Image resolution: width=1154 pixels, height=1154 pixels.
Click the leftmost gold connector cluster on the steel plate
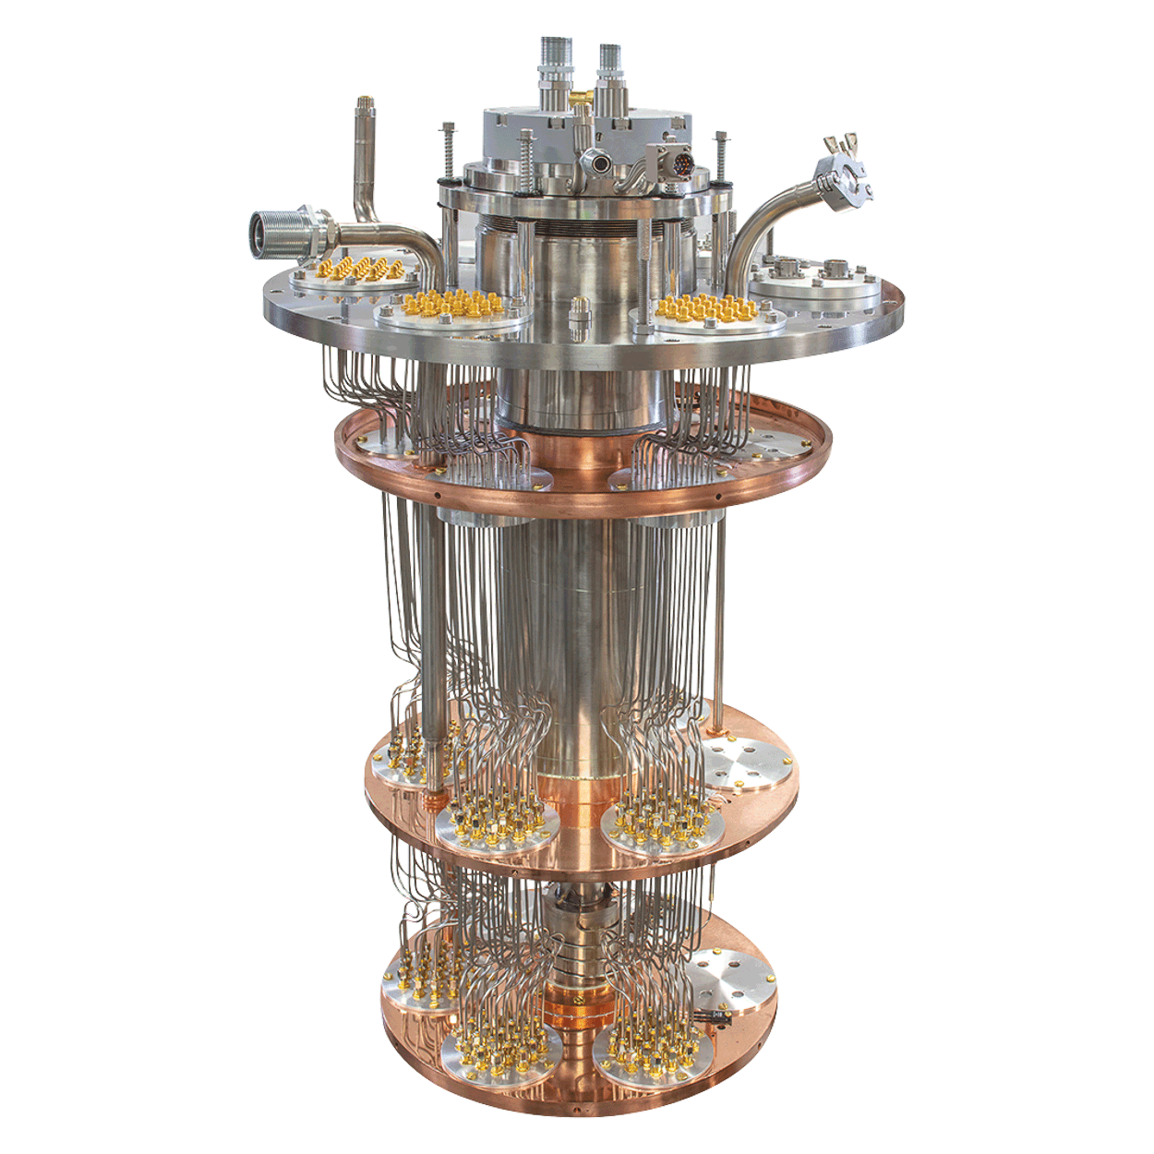pyautogui.click(x=362, y=270)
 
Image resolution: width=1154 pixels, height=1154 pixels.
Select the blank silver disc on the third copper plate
pyautogui.click(x=746, y=763)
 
